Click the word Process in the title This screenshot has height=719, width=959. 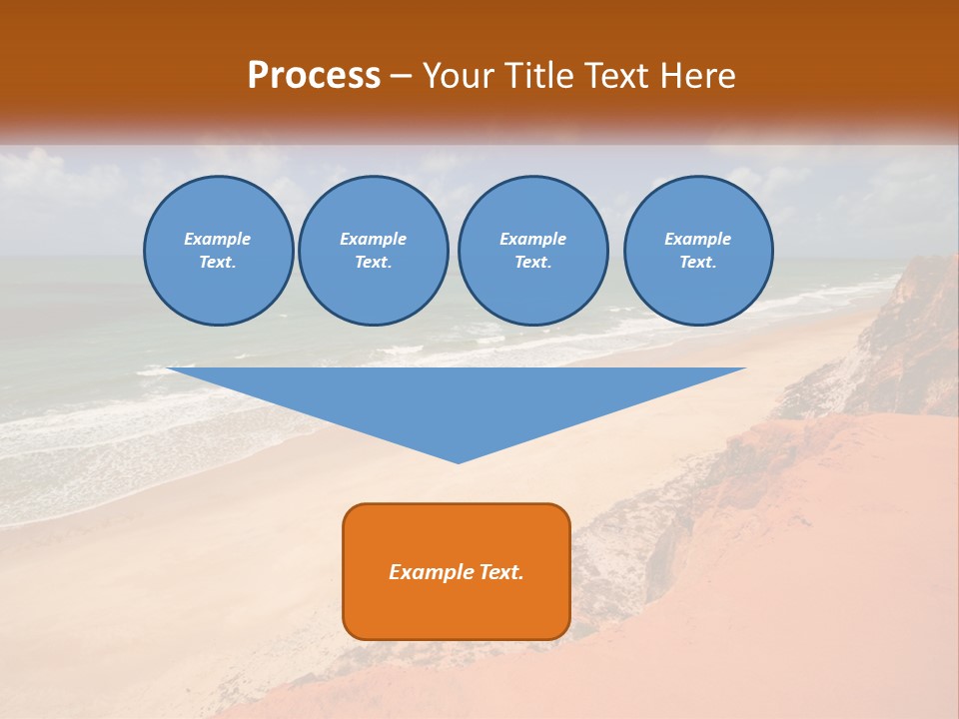click(x=314, y=76)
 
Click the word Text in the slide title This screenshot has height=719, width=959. click(x=614, y=76)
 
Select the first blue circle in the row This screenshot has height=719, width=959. click(x=218, y=251)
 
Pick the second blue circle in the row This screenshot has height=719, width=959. click(x=374, y=251)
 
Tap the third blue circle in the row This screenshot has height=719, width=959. click(x=532, y=251)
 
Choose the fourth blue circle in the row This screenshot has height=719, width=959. click(x=698, y=251)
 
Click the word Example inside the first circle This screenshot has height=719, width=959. click(x=218, y=239)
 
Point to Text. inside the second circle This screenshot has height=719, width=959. click(x=374, y=263)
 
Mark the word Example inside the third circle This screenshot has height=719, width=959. click(x=532, y=239)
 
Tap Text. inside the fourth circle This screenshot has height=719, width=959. click(x=698, y=263)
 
